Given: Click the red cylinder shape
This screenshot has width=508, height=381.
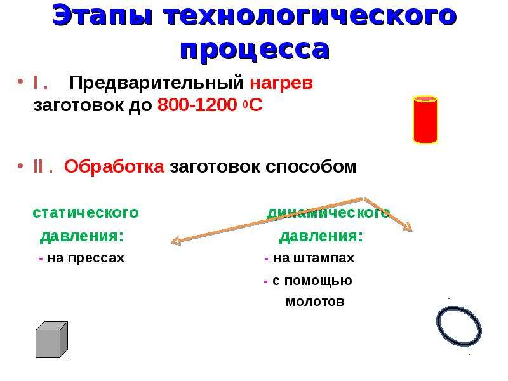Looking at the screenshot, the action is click(x=425, y=119).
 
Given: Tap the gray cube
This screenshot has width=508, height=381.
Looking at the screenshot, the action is click(x=51, y=339).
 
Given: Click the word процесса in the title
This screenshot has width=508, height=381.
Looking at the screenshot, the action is click(x=255, y=50).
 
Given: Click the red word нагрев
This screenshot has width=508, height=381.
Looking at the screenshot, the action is click(x=281, y=83).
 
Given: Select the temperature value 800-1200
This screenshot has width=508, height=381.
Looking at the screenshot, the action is click(x=197, y=105).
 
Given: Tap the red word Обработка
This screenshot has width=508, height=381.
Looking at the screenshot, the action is click(x=114, y=166).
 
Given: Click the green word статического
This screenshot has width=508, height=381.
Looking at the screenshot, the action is click(x=86, y=213).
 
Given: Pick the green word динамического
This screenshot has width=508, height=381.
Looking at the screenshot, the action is click(x=328, y=213).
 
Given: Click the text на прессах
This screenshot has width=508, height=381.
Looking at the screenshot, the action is click(x=86, y=258).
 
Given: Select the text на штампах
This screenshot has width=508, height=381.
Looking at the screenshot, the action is click(x=314, y=258).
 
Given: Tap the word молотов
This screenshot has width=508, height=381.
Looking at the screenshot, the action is click(x=315, y=302).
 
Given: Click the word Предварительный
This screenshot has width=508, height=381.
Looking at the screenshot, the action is click(x=156, y=83).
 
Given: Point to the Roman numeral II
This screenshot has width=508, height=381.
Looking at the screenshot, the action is click(x=38, y=166).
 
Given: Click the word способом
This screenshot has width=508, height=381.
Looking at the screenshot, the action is click(x=311, y=167).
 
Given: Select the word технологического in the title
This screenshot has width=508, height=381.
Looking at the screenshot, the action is click(x=310, y=15).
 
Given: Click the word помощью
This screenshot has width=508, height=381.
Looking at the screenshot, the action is click(x=318, y=281).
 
